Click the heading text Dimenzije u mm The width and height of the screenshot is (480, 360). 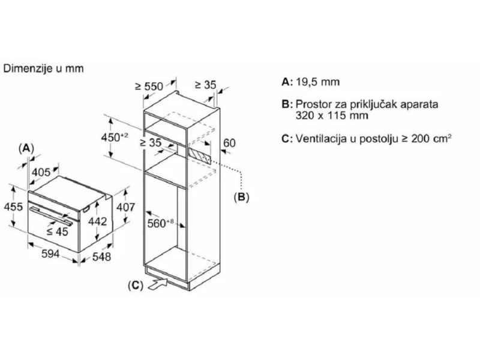tap(43, 68)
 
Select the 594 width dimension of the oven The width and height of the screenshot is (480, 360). tap(50, 253)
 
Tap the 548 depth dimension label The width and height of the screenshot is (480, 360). tap(101, 257)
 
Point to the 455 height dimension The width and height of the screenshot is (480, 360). tap(13, 206)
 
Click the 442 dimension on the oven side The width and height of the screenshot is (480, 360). tap(97, 221)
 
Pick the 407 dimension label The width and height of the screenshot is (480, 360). tap(125, 207)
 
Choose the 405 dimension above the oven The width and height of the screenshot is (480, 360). tap(41, 172)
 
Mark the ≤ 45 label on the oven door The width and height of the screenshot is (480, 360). tap(57, 232)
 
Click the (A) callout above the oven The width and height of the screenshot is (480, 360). tap(26, 149)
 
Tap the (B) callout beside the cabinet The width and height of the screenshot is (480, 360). tap(241, 197)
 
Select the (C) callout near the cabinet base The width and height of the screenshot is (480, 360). tap(136, 286)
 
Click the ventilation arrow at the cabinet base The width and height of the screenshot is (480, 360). tap(158, 283)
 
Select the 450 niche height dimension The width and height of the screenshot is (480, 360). tap(115, 137)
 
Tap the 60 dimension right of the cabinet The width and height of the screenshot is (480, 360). tap(229, 143)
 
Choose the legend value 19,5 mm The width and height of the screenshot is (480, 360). tap(318, 82)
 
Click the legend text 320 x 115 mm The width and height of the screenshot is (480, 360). tap(332, 115)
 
